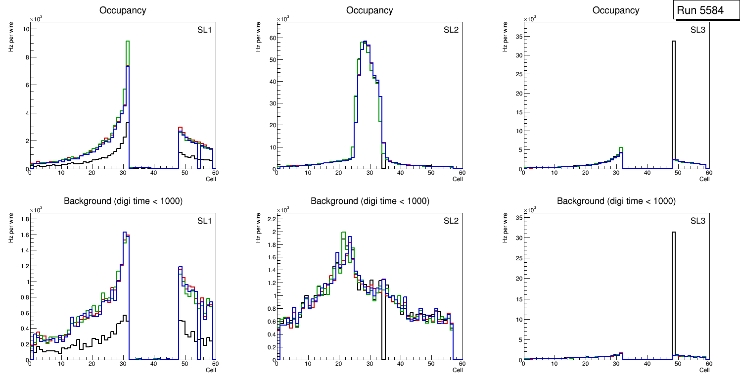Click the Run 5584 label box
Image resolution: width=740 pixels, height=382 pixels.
tap(703, 10)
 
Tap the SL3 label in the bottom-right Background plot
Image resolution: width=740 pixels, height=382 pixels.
tap(697, 221)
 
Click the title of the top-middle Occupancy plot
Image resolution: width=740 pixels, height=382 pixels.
tap(370, 10)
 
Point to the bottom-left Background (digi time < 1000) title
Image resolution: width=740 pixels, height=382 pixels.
tap(123, 201)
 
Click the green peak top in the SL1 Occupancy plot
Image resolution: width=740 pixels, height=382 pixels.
tap(128, 42)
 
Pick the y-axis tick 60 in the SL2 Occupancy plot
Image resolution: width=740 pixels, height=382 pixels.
tap(272, 38)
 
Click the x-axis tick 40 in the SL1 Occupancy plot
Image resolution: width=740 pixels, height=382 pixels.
tap(153, 173)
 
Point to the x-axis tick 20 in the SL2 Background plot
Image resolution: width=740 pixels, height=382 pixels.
tap(338, 364)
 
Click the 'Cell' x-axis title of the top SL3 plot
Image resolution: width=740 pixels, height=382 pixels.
tap(704, 179)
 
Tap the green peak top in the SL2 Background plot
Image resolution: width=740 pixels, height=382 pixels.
tap(343, 233)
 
